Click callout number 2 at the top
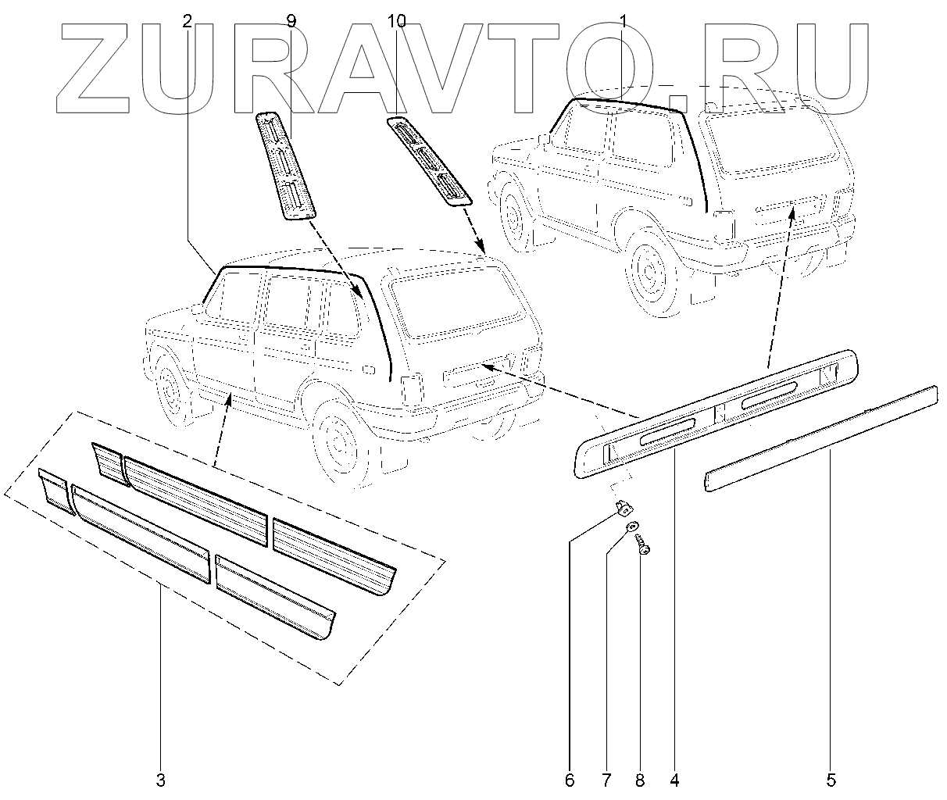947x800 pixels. click(x=187, y=22)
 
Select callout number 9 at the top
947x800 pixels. click(x=291, y=22)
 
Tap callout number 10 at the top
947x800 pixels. click(x=397, y=22)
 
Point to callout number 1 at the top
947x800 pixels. click(x=623, y=22)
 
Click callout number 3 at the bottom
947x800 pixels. click(x=160, y=780)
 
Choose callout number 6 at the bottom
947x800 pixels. click(x=570, y=780)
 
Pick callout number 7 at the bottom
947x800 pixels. click(x=606, y=780)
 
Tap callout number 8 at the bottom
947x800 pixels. click(x=640, y=780)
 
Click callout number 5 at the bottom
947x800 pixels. click(x=831, y=780)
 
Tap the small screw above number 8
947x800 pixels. click(x=643, y=545)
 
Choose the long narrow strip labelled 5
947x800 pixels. click(x=820, y=438)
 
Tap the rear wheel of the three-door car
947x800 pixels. click(x=648, y=270)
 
